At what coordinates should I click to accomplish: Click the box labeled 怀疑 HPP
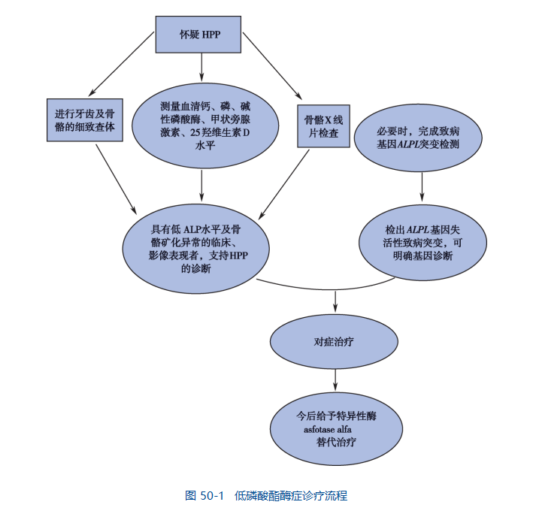(200, 35)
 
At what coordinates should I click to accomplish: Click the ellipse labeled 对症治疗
(334, 342)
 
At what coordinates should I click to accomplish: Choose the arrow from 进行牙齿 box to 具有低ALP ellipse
(117, 177)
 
